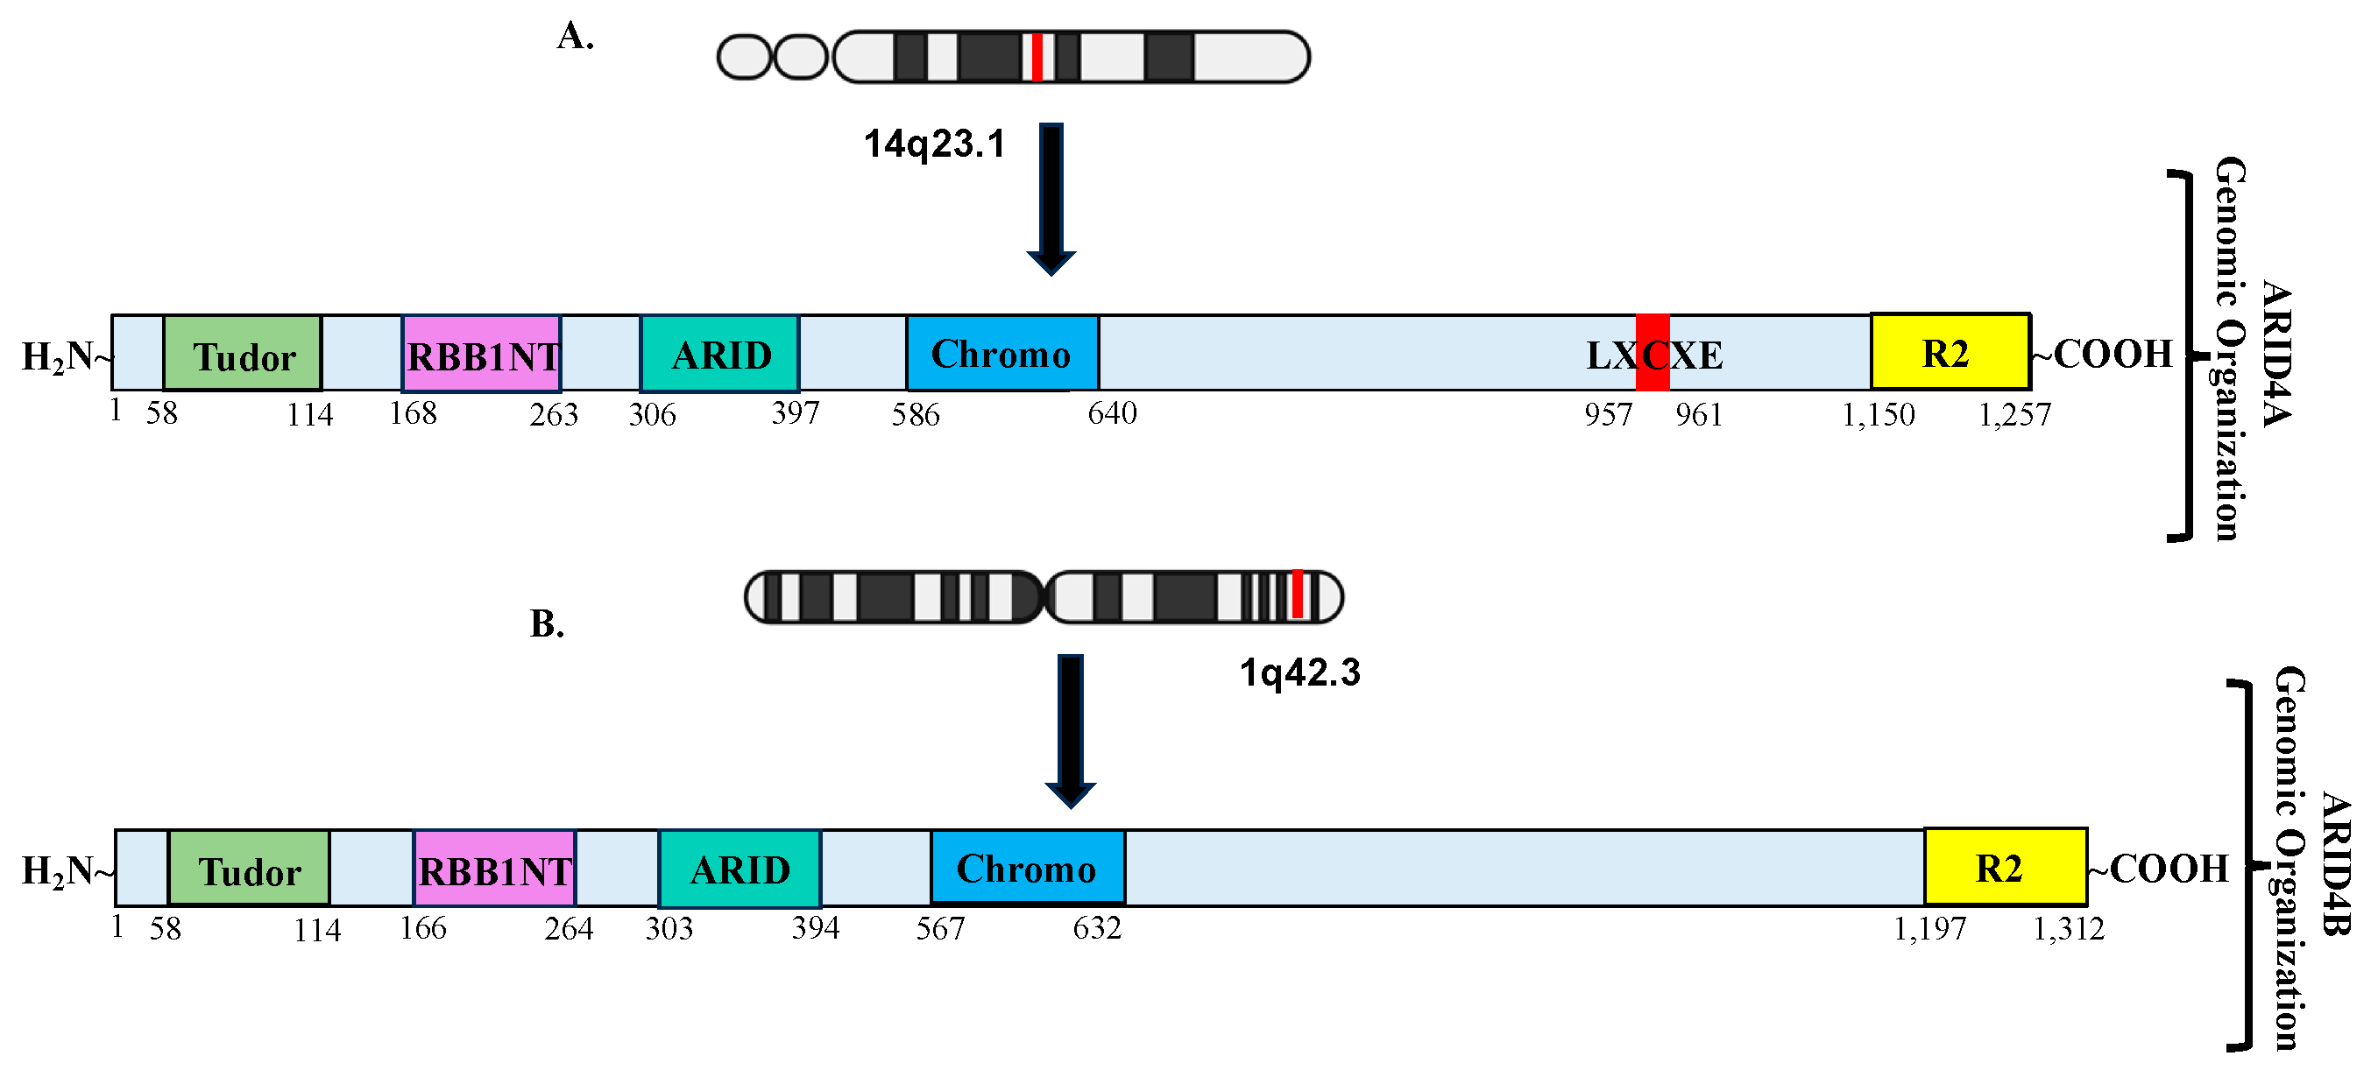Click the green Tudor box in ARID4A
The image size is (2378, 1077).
point(242,354)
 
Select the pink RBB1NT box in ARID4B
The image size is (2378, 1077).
point(495,869)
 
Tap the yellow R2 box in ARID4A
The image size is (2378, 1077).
point(1949,353)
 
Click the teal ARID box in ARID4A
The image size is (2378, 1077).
point(719,354)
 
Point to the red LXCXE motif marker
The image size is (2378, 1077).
point(1652,353)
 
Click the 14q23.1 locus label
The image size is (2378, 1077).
point(933,144)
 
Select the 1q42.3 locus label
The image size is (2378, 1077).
point(1299,672)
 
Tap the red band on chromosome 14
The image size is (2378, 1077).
point(1037,57)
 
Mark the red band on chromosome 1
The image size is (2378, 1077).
point(1296,595)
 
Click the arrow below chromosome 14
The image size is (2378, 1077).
point(1051,199)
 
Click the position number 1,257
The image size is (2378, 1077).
point(2014,415)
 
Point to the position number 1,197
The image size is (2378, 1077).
point(1929,928)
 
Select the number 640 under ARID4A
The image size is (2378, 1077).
point(1111,413)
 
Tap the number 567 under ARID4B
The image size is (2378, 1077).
point(940,928)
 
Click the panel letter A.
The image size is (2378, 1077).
point(574,37)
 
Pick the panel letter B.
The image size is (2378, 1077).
point(547,625)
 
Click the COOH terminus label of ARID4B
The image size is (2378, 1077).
point(2168,869)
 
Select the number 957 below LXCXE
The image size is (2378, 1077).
point(1608,415)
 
